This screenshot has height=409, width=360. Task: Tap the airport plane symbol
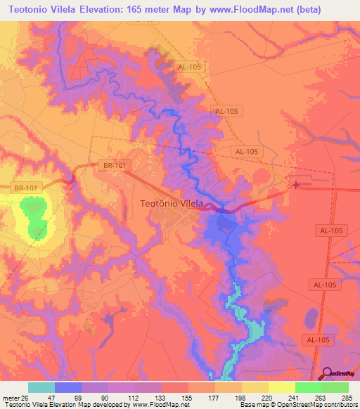(x=296, y=185)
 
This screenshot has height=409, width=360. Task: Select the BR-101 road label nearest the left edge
(x=25, y=188)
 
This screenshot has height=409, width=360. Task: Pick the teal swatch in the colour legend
(x=41, y=387)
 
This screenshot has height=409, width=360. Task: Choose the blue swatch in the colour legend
(x=68, y=387)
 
